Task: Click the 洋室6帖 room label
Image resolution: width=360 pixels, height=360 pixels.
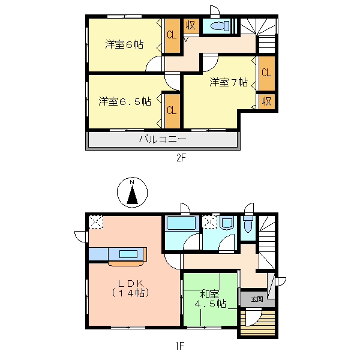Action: tap(124, 44)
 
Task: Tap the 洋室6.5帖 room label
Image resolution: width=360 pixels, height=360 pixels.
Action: tap(125, 101)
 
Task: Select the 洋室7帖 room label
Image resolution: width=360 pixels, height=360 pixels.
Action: tap(229, 82)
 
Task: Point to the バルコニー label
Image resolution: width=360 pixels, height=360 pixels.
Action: tap(163, 139)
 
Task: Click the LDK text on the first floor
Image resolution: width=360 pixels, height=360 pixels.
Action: tap(131, 284)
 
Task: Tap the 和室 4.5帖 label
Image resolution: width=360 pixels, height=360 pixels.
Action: tap(210, 299)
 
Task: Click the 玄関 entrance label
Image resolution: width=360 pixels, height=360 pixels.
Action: tap(257, 299)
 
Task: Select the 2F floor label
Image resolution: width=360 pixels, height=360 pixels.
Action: tap(181, 158)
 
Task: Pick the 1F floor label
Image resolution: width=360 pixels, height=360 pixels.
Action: tap(180, 346)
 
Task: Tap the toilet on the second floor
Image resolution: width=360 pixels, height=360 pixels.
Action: tap(220, 26)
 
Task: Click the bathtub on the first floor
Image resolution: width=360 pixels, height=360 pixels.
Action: tap(181, 223)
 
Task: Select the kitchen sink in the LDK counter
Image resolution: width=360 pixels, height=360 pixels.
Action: tap(128, 254)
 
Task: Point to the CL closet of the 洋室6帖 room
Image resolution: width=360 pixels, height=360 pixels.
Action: tap(172, 35)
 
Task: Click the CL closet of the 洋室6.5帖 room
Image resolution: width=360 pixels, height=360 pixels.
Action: tap(172, 110)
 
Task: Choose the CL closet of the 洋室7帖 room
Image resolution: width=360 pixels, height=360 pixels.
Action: tap(266, 73)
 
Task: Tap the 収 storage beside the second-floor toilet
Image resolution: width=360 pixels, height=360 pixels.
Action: tap(191, 25)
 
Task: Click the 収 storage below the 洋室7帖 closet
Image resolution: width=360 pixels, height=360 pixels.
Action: tap(267, 101)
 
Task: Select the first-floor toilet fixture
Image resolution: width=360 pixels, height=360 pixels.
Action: tap(248, 224)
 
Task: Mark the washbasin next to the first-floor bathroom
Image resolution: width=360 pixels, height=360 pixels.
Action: tap(227, 223)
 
